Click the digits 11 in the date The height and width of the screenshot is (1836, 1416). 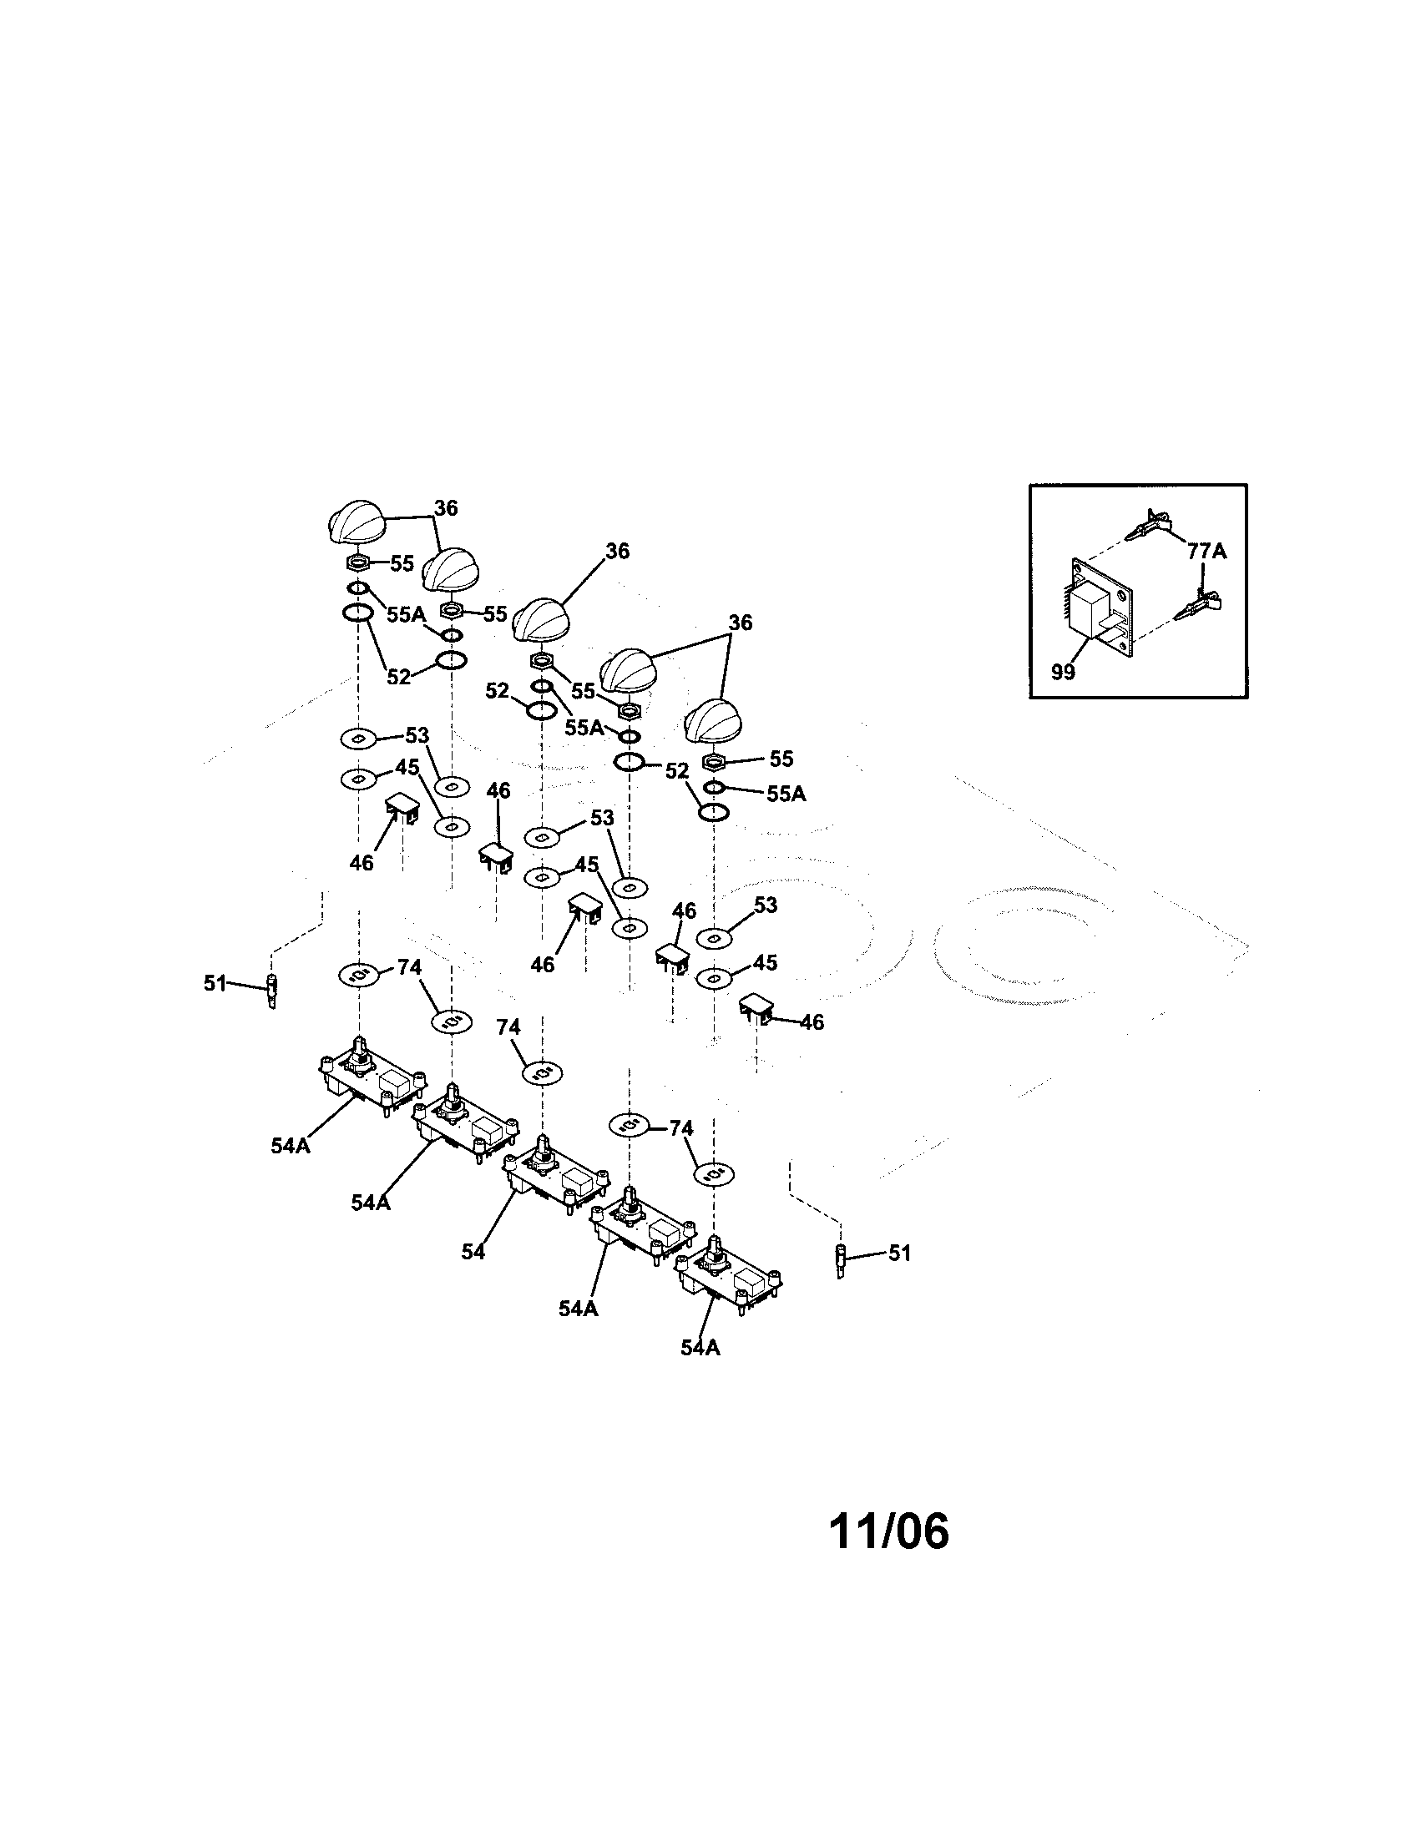pyautogui.click(x=852, y=1531)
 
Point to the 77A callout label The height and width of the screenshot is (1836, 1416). pyautogui.click(x=1206, y=552)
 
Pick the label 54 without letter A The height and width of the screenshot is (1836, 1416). pyautogui.click(x=473, y=1275)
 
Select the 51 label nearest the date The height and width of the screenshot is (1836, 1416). pyautogui.click(x=899, y=1253)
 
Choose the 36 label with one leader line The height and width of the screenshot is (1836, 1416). pyautogui.click(x=617, y=552)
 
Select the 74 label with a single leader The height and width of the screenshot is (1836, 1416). pyautogui.click(x=508, y=1027)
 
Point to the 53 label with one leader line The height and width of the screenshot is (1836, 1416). pyautogui.click(x=765, y=905)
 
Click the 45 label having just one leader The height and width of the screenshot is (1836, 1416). pyautogui.click(x=764, y=962)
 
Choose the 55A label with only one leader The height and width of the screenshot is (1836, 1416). pyautogui.click(x=786, y=794)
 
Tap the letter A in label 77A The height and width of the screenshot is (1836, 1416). pyautogui.click(x=1218, y=552)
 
